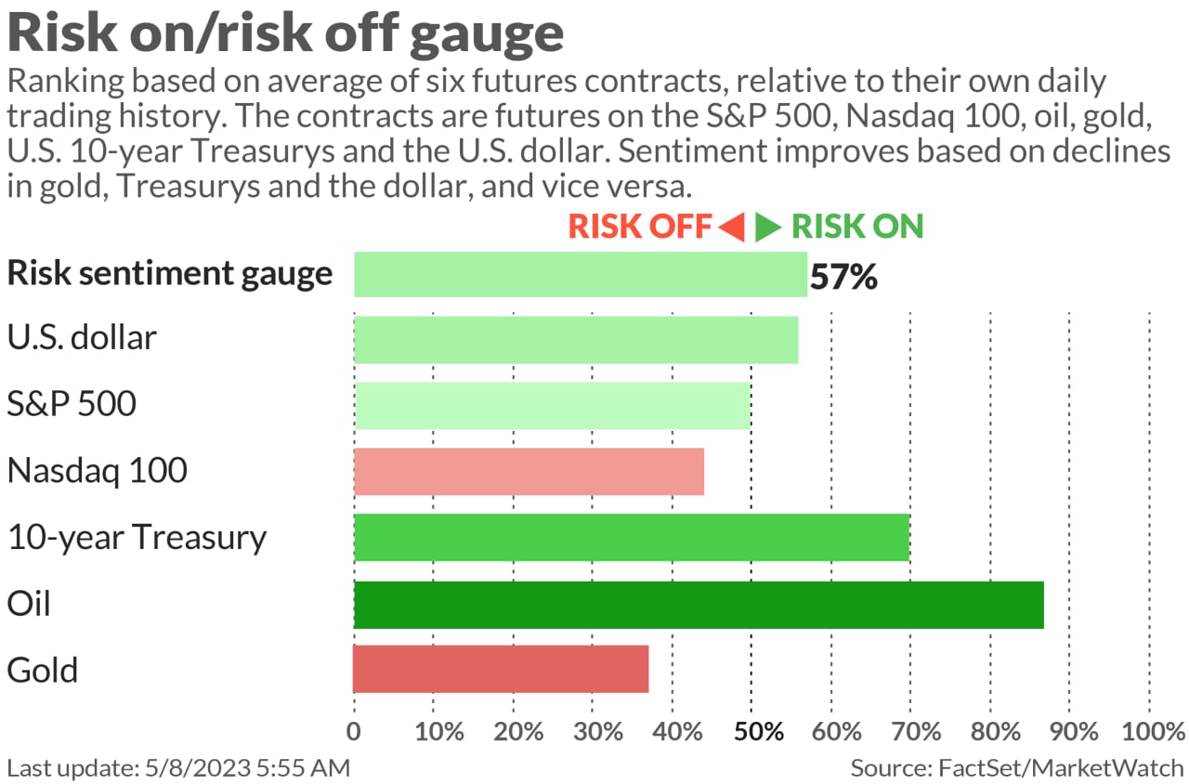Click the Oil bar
click(699, 605)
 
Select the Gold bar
click(501, 669)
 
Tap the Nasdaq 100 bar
click(529, 471)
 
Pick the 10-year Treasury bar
click(632, 537)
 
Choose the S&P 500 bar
click(553, 405)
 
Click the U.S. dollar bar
click(576, 339)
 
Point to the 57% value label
click(843, 276)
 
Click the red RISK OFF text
click(639, 227)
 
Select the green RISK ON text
click(857, 227)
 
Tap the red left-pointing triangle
click(732, 227)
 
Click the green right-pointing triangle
click(767, 227)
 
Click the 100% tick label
click(1149, 731)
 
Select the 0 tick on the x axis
click(354, 731)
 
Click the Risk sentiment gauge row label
click(169, 273)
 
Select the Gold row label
click(42, 670)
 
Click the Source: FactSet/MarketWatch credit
click(1017, 768)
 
